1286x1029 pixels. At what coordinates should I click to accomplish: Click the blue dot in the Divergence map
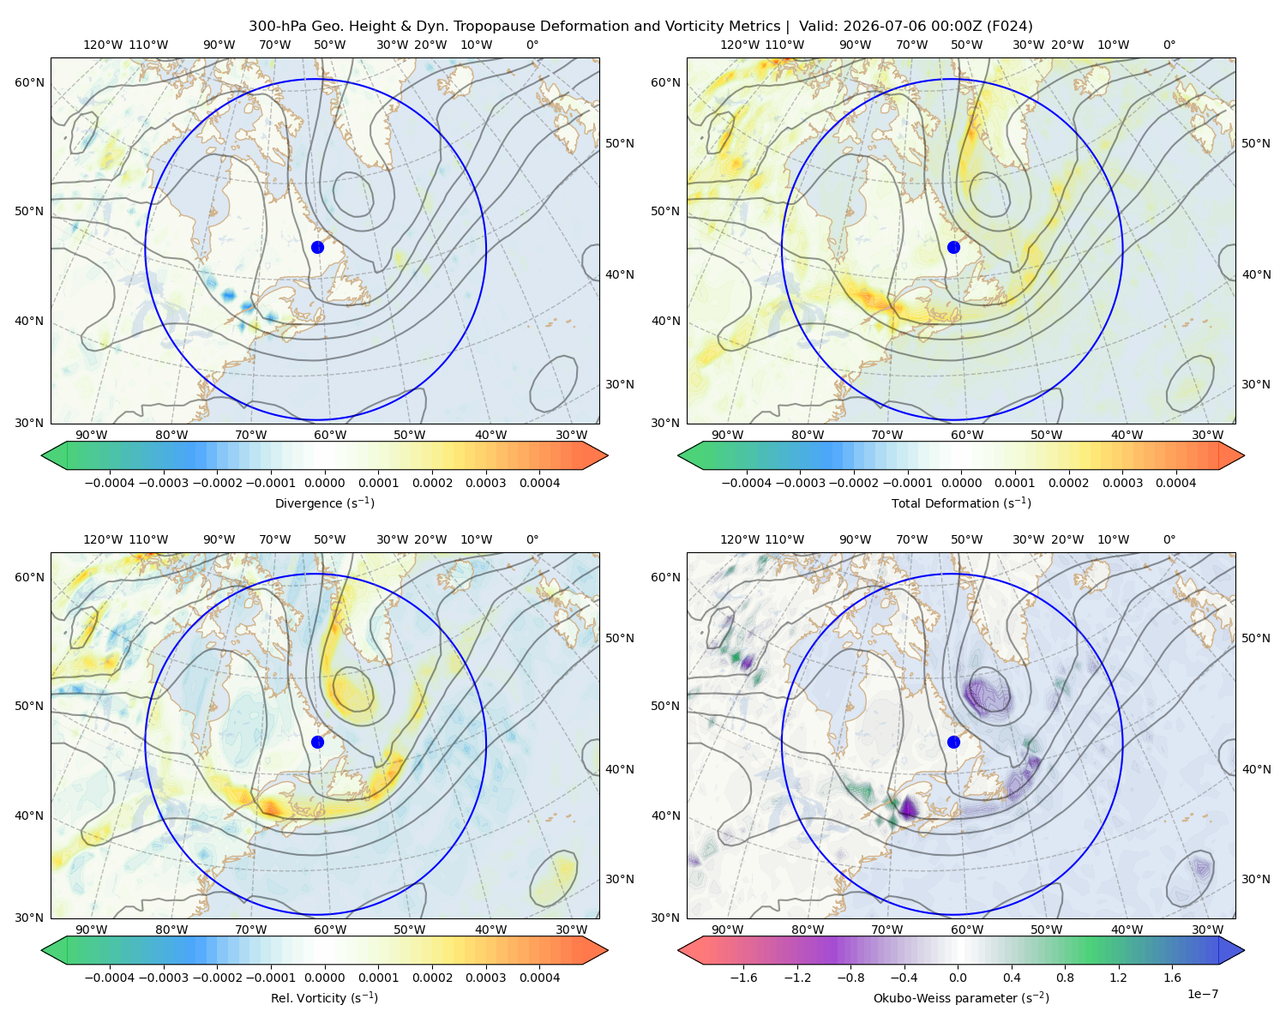317,247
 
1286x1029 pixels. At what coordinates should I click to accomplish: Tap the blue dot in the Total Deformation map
953,247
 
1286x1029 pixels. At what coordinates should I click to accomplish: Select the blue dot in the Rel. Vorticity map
317,742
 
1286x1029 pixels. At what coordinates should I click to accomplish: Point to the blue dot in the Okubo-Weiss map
953,742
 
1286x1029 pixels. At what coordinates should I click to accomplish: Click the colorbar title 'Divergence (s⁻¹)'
324,502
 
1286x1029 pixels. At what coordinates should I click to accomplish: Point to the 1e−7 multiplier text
1202,994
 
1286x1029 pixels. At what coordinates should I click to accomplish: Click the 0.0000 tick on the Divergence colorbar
324,483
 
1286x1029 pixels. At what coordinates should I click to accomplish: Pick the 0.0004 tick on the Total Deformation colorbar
1175,483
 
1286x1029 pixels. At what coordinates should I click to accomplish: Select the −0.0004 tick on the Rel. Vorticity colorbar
110,978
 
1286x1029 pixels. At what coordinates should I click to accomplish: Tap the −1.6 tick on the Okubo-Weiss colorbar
743,978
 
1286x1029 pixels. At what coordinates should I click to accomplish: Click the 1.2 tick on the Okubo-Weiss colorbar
1118,978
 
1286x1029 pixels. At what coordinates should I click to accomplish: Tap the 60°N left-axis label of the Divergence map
29,82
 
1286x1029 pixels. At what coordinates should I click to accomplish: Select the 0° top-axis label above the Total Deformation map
1169,45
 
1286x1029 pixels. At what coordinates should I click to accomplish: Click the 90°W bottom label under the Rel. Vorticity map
92,930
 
